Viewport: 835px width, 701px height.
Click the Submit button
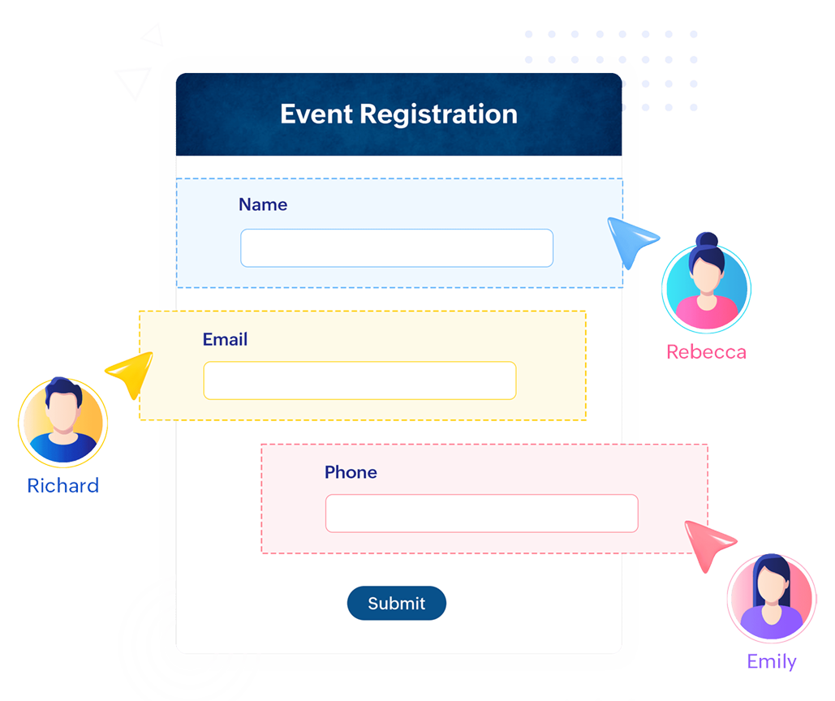[x=397, y=603]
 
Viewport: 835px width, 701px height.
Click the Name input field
[x=396, y=248]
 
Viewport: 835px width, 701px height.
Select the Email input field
[x=359, y=381]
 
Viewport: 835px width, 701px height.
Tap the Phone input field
[x=481, y=514]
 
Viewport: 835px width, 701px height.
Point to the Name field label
[x=263, y=204]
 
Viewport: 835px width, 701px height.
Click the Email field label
[x=226, y=339]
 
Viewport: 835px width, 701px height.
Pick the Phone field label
[x=351, y=472]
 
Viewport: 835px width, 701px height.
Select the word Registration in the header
[x=438, y=114]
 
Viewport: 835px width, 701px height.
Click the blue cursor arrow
[x=630, y=239]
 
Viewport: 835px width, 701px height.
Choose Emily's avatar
[x=771, y=600]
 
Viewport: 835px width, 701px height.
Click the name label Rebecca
[x=706, y=352]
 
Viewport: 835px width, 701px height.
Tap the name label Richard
[x=63, y=485]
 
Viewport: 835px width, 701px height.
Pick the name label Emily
[x=772, y=661]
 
